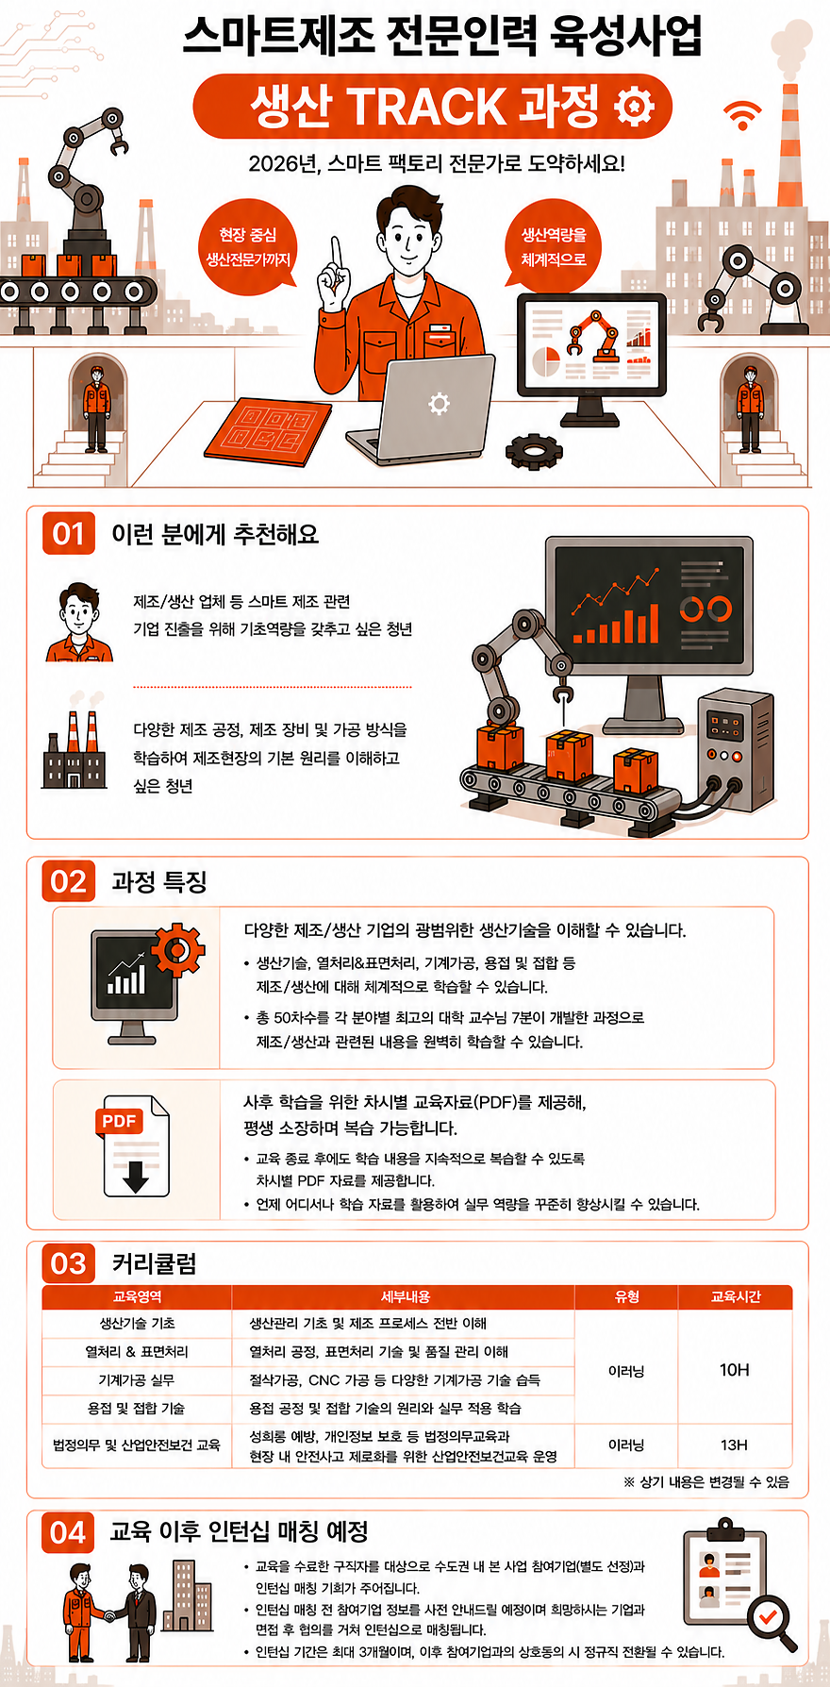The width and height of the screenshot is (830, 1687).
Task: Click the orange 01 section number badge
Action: tap(69, 534)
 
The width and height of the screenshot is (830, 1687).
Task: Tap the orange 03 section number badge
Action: tap(69, 1263)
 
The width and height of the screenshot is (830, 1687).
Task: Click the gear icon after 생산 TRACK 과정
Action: tap(633, 106)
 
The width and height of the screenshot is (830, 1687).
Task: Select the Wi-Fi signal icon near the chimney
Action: tap(743, 115)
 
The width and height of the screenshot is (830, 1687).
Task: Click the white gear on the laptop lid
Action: tap(439, 404)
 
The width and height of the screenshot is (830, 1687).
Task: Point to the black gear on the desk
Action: tap(534, 451)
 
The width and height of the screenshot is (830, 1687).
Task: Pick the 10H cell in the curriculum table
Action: tap(734, 1370)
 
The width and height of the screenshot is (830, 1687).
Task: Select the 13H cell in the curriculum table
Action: tap(734, 1445)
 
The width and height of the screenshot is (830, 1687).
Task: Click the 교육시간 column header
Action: tap(735, 1297)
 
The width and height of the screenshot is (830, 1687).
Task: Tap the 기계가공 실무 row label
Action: tap(137, 1379)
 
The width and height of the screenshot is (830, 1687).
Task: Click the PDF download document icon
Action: tap(133, 1144)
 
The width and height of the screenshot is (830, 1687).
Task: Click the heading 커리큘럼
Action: tap(155, 1263)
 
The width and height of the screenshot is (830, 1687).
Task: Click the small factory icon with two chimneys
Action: tap(74, 750)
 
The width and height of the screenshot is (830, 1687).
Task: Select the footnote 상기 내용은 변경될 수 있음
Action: tap(706, 1482)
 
